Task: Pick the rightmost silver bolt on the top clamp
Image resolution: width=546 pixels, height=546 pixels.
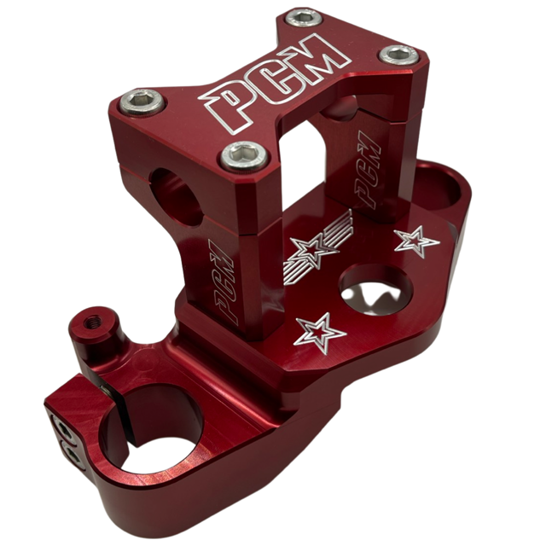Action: pyautogui.click(x=398, y=55)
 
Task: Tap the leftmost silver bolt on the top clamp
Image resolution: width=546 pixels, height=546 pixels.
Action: pyautogui.click(x=142, y=102)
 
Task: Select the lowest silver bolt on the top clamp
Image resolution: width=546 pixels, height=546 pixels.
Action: pyautogui.click(x=245, y=156)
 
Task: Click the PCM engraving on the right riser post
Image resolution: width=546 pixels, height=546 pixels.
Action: pyautogui.click(x=368, y=170)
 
